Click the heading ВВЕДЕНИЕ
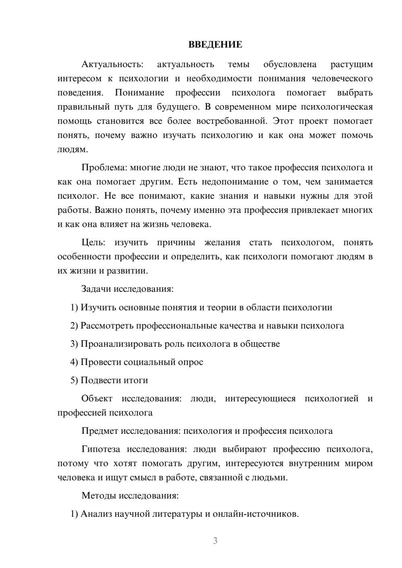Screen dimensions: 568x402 tap(215, 45)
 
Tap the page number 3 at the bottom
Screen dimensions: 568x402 tap(215, 541)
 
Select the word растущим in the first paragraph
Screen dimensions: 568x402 tap(351, 64)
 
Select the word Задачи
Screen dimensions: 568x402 tap(96, 289)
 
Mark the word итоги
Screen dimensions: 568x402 tap(135, 380)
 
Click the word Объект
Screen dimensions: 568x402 tap(97, 398)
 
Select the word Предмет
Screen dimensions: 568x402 tap(100, 431)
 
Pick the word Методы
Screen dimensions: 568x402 tap(98, 495)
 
